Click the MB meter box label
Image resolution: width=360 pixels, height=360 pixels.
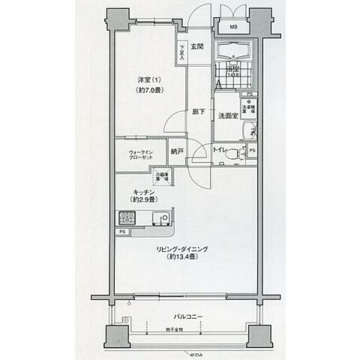234,28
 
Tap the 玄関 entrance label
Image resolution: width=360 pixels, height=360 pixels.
196,47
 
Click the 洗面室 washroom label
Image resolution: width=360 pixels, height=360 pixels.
228,116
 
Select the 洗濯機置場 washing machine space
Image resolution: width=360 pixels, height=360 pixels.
248,106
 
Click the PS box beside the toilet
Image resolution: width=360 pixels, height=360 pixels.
252,151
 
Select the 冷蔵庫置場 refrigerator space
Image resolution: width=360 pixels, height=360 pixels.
161,177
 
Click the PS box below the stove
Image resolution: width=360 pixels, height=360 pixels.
121,232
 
